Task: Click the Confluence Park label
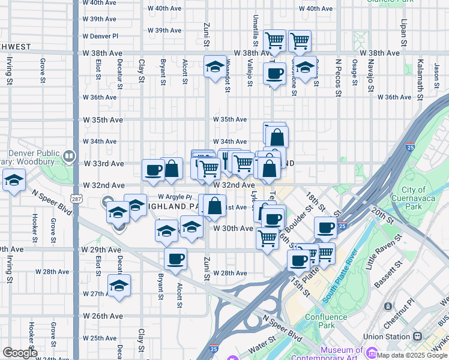325,321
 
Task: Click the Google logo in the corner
20,353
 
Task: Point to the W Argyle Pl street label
175,197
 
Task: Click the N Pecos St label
339,77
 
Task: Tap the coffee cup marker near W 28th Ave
175,259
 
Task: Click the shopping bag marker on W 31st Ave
214,206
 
